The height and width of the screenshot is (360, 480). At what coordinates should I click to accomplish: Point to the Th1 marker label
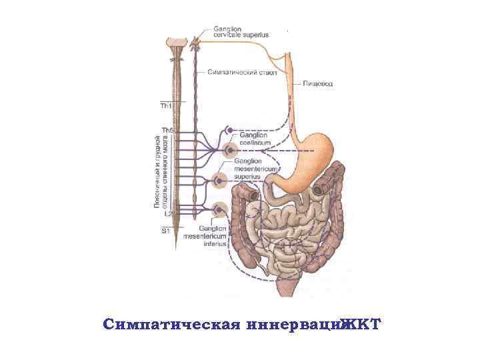click(165, 105)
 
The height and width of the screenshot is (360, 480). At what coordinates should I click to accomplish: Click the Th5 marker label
click(166, 129)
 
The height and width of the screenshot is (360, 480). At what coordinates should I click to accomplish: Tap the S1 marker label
click(165, 231)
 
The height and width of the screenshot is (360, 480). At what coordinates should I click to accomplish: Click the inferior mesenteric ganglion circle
click(218, 211)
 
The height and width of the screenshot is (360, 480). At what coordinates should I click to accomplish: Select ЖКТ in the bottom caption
click(361, 325)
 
